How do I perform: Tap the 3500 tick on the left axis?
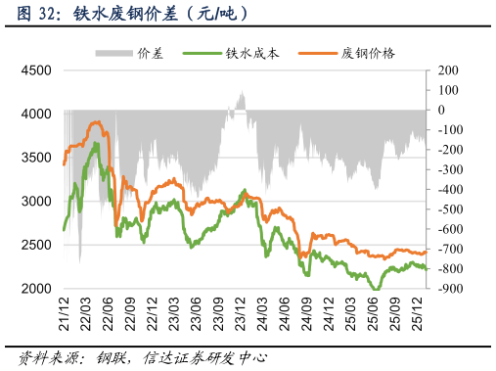pos(37,158)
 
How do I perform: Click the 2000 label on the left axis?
pos(37,289)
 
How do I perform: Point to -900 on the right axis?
pos(450,289)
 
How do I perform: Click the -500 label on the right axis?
pos(450,209)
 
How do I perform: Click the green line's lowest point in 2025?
pos(375,288)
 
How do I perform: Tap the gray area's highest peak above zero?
pos(241,91)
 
